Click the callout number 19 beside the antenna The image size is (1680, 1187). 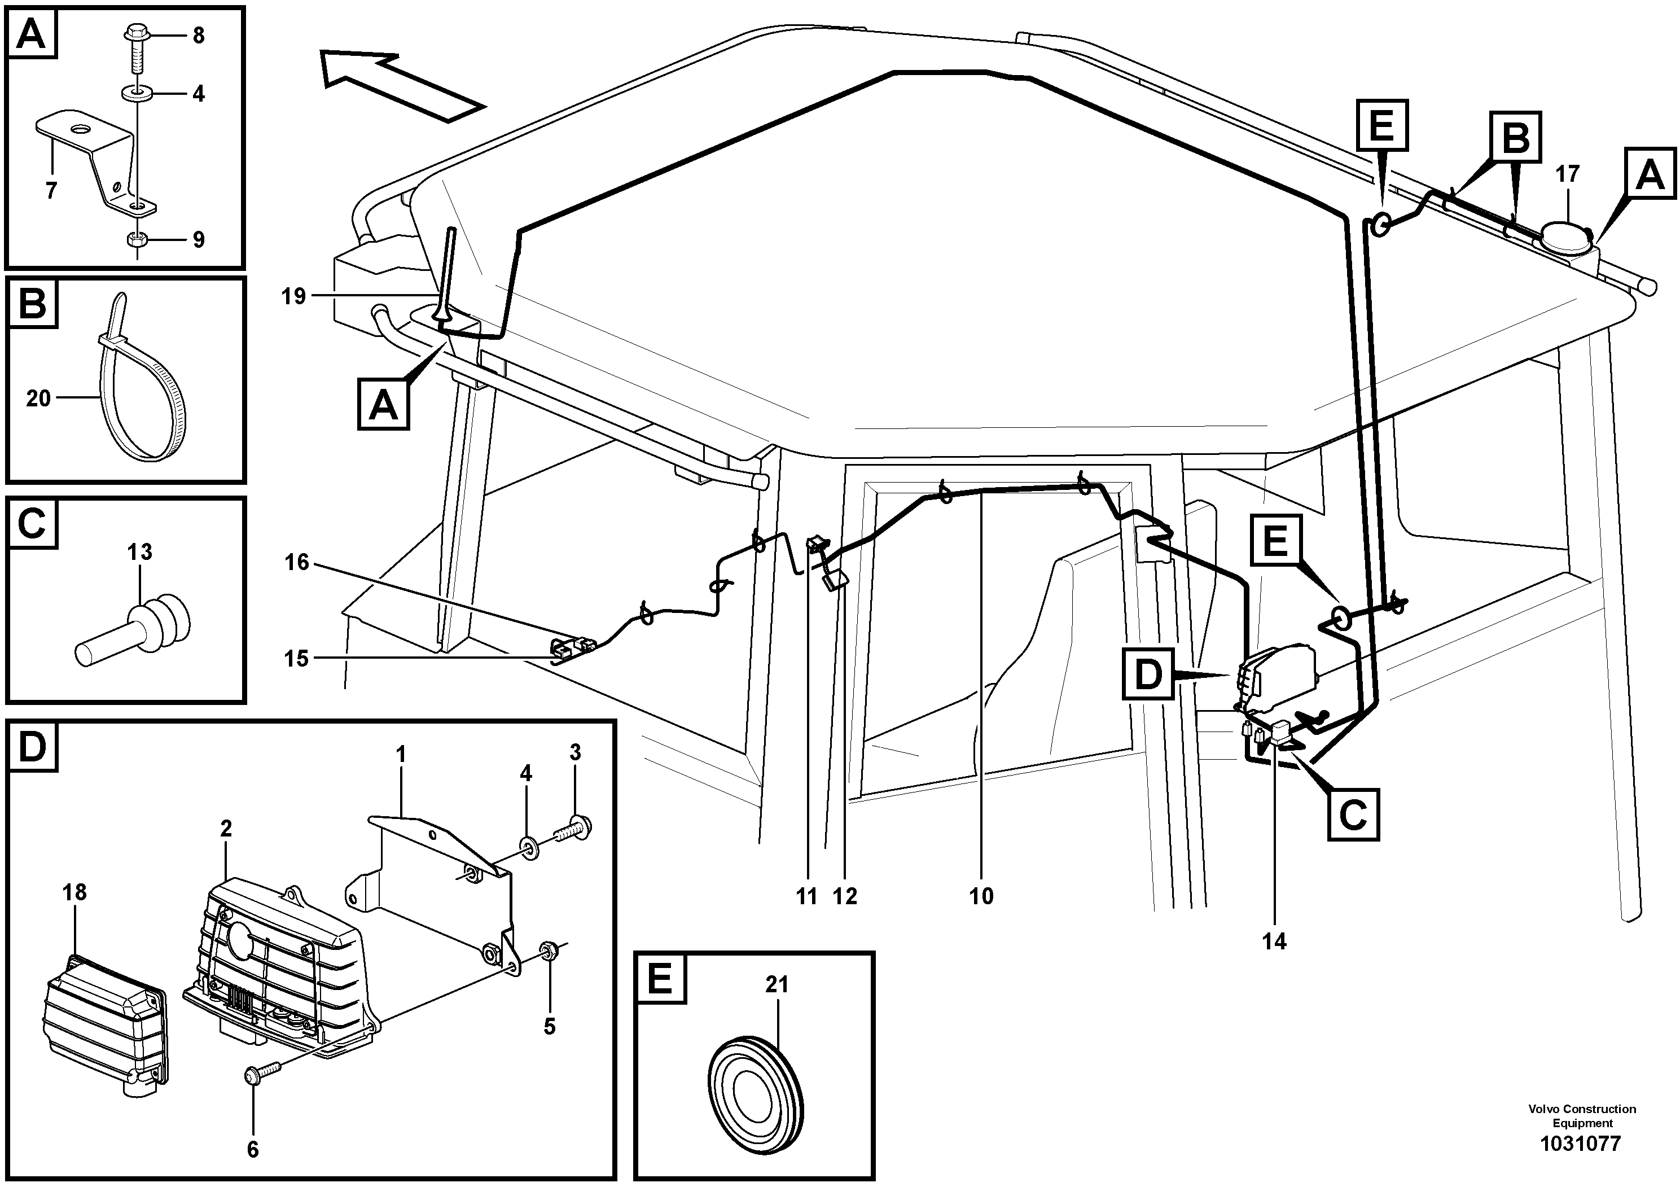point(293,296)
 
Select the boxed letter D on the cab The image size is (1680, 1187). point(1148,674)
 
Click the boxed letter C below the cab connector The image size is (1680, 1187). point(1352,814)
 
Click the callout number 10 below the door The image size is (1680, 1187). point(981,896)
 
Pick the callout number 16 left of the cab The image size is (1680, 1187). point(297,563)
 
